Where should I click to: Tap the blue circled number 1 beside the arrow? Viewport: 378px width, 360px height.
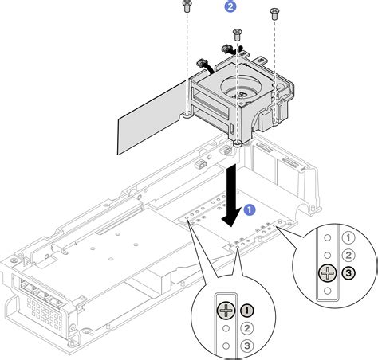tap(250, 210)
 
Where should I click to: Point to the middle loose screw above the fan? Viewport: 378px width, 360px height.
tap(237, 33)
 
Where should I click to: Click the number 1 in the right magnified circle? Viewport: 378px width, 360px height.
tap(347, 237)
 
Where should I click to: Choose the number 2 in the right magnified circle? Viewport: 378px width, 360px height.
tap(347, 255)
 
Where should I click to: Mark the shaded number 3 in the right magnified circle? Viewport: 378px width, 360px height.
tap(347, 274)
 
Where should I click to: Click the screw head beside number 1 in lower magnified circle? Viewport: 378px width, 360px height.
tap(228, 309)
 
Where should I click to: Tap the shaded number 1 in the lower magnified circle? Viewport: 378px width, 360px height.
tap(247, 309)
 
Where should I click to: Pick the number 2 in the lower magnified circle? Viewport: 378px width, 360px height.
tap(247, 327)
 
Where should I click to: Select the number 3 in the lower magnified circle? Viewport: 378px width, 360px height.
tap(247, 345)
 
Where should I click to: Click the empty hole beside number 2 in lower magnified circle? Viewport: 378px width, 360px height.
tap(228, 327)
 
